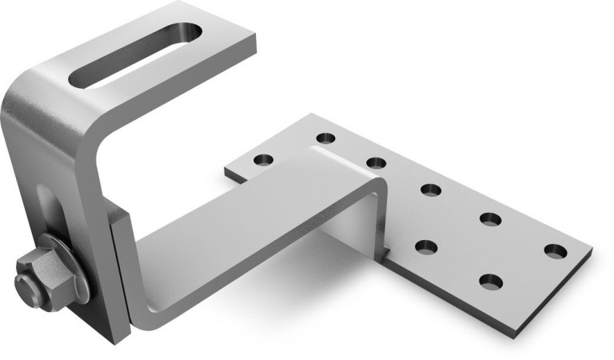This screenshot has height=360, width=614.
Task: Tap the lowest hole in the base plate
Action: [491, 281]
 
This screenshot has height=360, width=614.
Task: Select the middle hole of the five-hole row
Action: [431, 190]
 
